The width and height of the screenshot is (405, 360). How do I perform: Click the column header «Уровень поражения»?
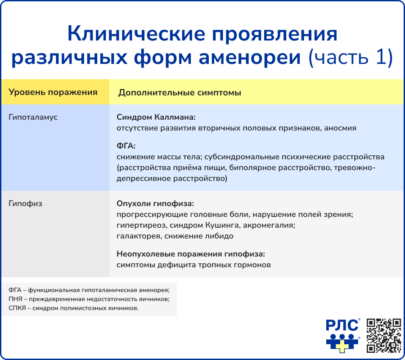point(53,92)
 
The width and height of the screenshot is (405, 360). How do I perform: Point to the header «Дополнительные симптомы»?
point(180,93)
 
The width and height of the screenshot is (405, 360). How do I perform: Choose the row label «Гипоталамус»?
point(33,117)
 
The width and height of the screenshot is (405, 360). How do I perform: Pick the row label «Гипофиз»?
point(25,203)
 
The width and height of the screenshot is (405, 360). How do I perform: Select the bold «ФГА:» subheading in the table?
point(126,146)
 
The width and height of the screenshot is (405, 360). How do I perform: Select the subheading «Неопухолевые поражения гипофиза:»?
point(190,254)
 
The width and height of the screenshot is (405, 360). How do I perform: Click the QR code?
point(384,335)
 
